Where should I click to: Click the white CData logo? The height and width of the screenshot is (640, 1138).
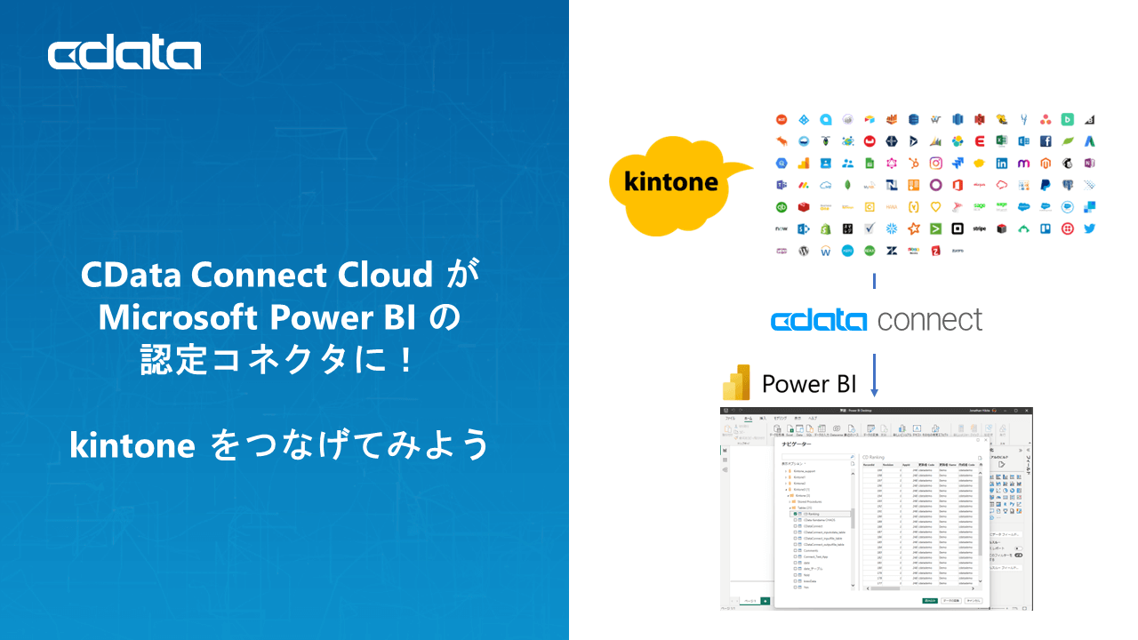click(124, 54)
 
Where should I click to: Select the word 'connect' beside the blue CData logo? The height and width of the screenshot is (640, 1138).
click(930, 320)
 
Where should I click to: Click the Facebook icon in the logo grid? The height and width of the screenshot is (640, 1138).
click(1046, 141)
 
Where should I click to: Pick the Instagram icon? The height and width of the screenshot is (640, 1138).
click(935, 163)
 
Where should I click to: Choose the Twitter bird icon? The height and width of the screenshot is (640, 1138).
click(1089, 228)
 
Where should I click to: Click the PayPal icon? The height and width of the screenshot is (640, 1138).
click(1046, 185)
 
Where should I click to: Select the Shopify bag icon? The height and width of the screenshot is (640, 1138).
click(825, 228)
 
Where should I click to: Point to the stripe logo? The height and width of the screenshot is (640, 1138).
click(980, 228)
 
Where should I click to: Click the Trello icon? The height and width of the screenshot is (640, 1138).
click(1046, 228)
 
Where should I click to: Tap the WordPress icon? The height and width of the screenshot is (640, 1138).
click(803, 251)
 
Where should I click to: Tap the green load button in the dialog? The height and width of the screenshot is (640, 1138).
click(930, 600)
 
